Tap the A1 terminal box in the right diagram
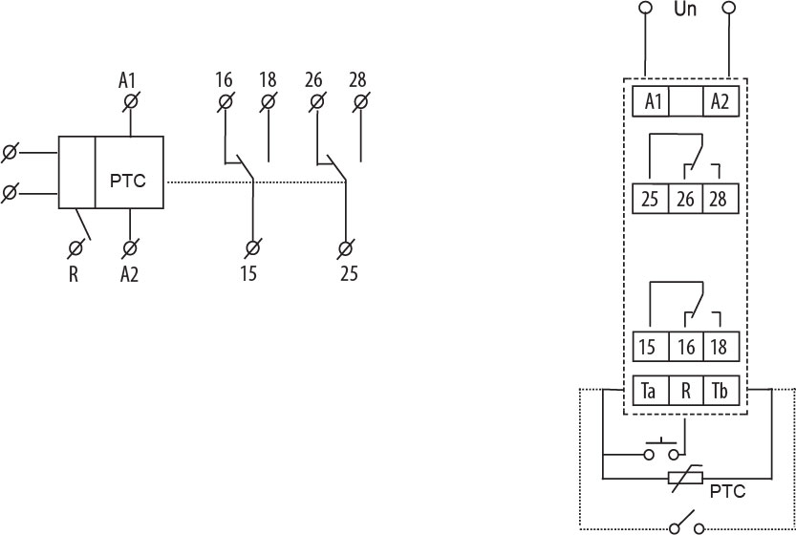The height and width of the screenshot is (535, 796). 652,101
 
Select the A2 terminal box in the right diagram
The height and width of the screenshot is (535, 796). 720,101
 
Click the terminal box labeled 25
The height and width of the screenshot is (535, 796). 649,201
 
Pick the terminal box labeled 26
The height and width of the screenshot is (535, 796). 686,201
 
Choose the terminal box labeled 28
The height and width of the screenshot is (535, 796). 721,201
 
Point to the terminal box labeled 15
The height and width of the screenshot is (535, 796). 649,347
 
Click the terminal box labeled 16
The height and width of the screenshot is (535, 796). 686,347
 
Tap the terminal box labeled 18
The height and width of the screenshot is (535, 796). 721,347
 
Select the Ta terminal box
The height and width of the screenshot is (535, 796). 649,392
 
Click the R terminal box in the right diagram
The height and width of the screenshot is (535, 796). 686,392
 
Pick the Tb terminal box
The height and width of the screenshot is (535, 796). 721,392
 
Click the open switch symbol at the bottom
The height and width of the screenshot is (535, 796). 685,526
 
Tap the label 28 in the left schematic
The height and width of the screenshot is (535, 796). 358,78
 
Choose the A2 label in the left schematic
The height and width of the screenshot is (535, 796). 130,275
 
